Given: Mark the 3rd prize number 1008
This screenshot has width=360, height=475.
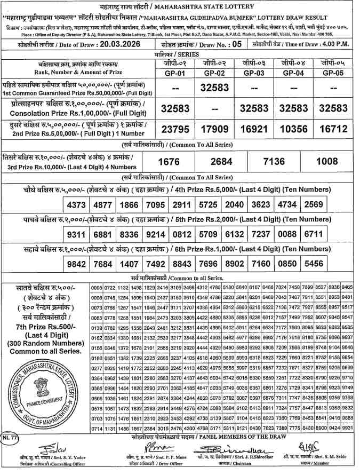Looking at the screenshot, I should (x=327, y=161).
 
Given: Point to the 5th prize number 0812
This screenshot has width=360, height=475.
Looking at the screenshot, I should (x=181, y=234).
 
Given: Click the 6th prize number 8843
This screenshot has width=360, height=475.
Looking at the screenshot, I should (x=181, y=264).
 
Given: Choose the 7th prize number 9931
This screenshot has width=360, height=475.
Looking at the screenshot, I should (x=347, y=428).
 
